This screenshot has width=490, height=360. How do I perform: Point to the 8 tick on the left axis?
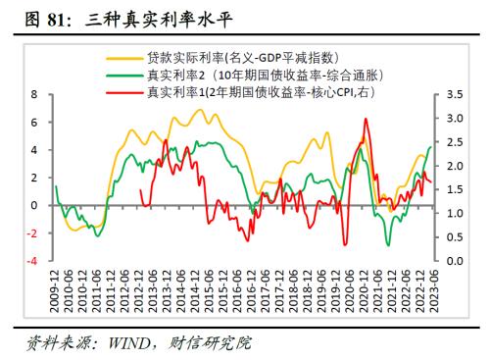tap(33, 95)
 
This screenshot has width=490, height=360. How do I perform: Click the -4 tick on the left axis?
tap(31, 261)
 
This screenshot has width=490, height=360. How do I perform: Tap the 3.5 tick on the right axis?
tap(454, 95)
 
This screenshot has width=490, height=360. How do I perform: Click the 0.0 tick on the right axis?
tap(454, 261)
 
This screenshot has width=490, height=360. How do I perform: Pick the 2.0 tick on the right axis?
tap(454, 166)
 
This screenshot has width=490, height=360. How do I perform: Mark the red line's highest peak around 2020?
tap(366, 120)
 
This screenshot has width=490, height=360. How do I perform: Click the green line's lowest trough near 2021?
tap(388, 244)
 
